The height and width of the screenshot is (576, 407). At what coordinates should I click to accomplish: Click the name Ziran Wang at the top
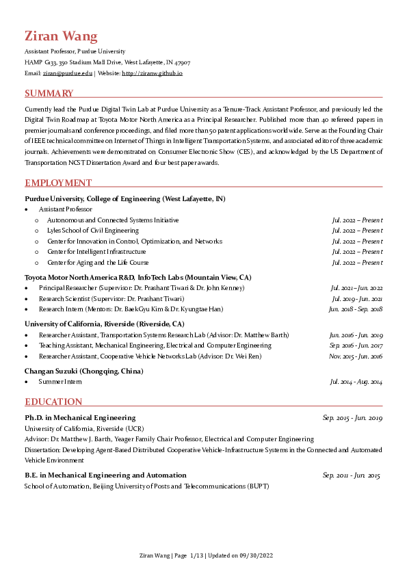61,36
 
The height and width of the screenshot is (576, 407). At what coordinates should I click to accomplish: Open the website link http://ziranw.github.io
152,73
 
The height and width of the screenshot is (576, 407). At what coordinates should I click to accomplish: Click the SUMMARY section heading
49,93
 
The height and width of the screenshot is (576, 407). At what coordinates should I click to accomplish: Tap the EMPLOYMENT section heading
58,183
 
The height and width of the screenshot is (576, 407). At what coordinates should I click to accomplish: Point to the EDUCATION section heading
53,402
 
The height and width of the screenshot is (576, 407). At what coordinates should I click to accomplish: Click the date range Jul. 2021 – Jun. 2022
356,288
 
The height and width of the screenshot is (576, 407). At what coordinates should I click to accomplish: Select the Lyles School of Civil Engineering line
92,231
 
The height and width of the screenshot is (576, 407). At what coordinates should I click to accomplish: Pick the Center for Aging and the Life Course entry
98,262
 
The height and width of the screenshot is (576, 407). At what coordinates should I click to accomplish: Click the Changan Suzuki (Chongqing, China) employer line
83,371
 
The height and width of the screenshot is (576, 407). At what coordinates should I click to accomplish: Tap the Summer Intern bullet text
60,381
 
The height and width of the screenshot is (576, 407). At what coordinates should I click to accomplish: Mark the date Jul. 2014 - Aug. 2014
356,381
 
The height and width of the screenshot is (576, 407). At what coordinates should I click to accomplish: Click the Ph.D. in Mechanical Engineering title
80,417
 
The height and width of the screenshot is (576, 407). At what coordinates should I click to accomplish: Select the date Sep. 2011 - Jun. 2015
351,475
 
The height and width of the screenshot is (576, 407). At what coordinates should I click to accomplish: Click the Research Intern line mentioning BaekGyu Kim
140,309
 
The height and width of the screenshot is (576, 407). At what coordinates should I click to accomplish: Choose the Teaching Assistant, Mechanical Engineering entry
155,345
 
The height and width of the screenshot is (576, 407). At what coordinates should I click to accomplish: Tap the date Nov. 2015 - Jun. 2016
355,356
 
